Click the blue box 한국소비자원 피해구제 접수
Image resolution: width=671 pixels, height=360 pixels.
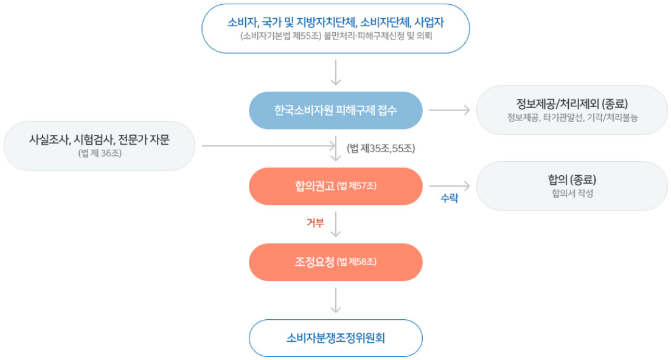point(336,110)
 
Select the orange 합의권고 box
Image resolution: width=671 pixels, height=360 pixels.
point(336,186)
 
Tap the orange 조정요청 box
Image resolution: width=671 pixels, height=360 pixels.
point(336,262)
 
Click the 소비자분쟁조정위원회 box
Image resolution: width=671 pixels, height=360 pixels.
point(336,337)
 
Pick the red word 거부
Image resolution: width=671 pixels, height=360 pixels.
point(315,223)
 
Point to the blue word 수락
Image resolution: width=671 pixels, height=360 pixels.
point(450,198)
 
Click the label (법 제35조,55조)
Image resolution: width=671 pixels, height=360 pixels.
point(381,148)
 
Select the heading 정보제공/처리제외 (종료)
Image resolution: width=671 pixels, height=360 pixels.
point(572,104)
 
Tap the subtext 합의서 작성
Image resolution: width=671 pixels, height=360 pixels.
point(572,193)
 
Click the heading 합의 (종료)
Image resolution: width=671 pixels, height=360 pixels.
point(572,179)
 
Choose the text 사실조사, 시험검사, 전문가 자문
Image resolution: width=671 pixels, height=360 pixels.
point(99,140)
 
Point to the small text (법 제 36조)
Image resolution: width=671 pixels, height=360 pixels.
point(100,153)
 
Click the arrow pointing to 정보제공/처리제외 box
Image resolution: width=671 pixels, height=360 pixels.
point(450,110)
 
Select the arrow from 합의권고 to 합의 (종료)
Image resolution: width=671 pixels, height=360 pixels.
point(450,186)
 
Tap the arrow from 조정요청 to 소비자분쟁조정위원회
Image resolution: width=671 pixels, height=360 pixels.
point(336,300)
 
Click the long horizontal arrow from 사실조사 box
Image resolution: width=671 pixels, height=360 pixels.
point(269,146)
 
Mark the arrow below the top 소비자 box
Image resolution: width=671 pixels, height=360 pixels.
point(336,73)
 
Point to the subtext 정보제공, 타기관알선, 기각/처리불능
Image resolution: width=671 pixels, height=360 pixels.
point(572,117)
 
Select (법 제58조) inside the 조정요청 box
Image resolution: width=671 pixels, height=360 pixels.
point(356,262)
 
